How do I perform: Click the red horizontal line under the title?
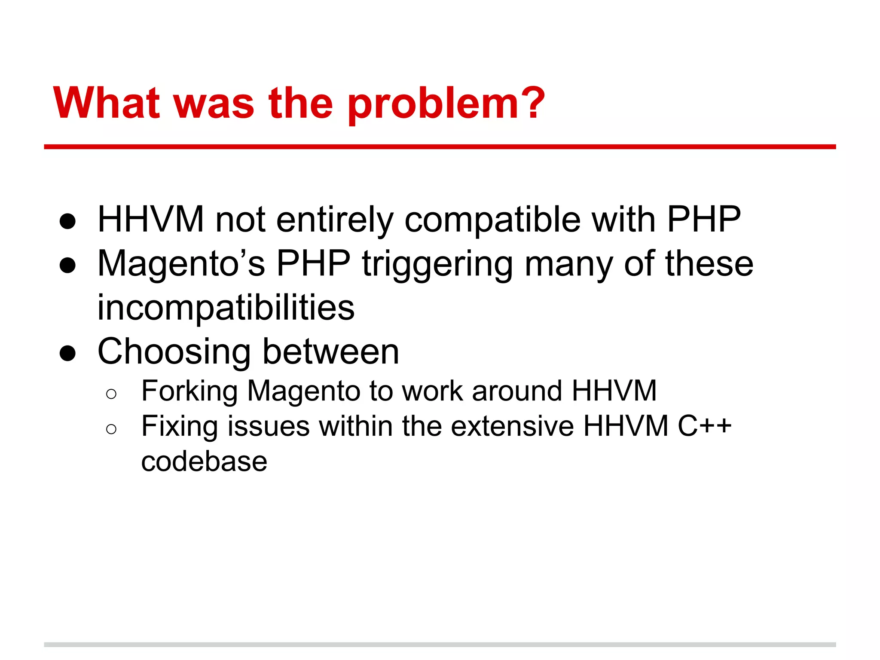tap(440, 147)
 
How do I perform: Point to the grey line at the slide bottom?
tap(440, 645)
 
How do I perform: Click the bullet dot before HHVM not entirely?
tap(68, 222)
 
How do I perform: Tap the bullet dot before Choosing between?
tap(68, 354)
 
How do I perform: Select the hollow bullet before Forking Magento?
tap(111, 394)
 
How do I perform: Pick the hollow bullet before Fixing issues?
tap(111, 429)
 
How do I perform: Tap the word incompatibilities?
tap(226, 308)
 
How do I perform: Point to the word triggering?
tap(437, 265)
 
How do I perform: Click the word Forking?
tap(189, 391)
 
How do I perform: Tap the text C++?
tap(704, 426)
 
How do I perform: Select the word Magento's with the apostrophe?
tap(181, 263)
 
